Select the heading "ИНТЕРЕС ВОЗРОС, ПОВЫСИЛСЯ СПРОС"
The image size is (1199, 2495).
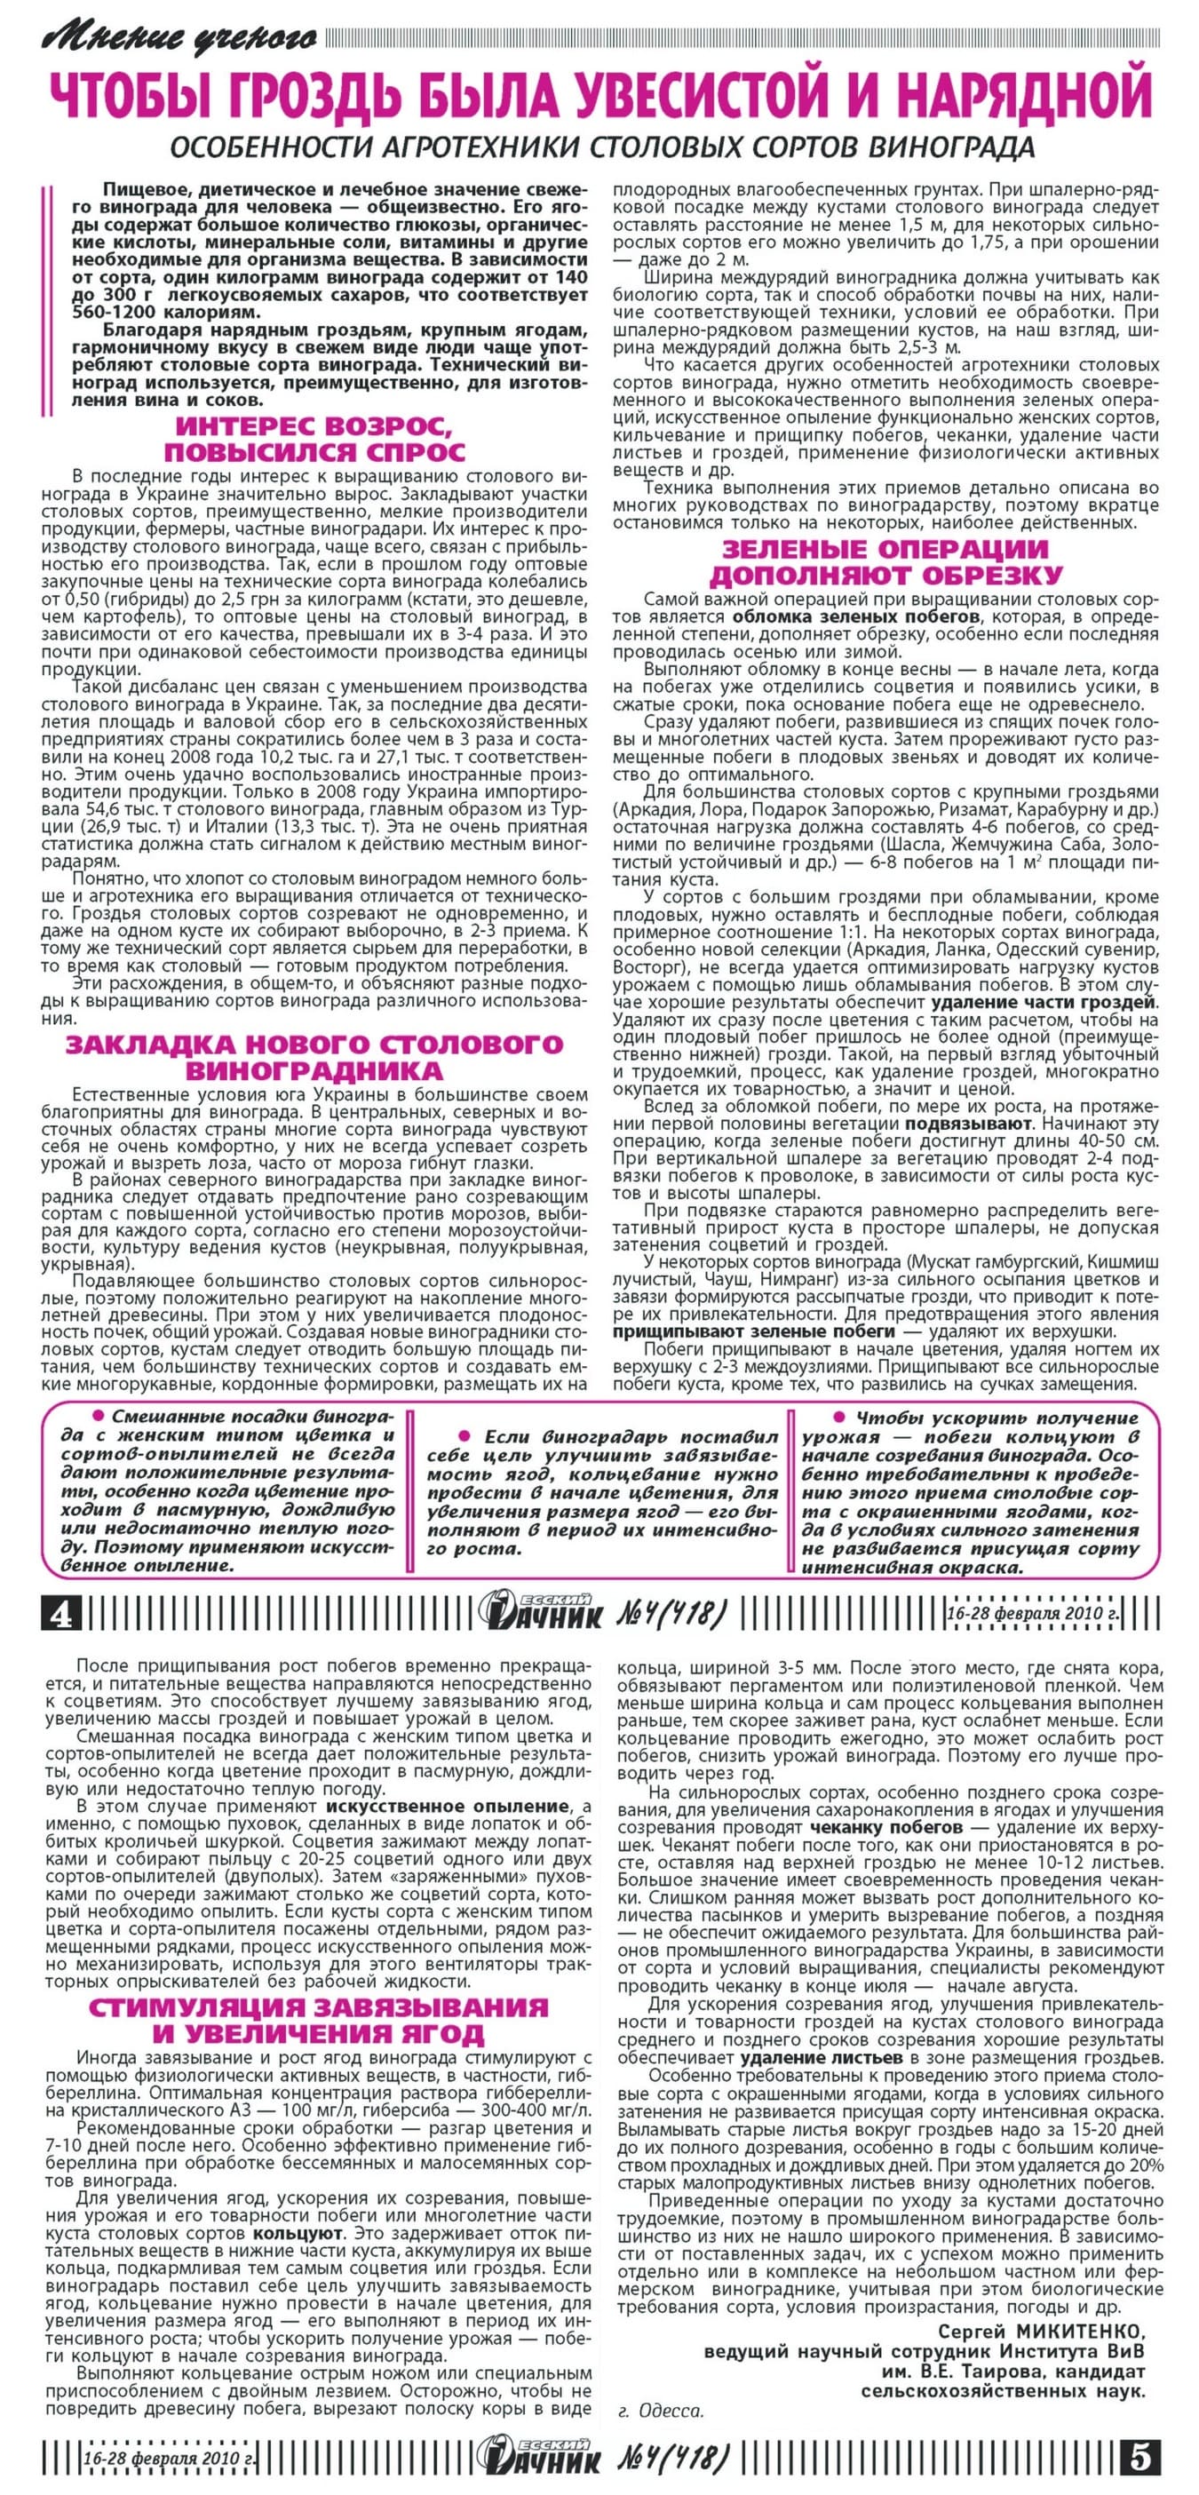coord(314,439)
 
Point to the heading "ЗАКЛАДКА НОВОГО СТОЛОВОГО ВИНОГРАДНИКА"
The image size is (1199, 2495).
coord(314,1057)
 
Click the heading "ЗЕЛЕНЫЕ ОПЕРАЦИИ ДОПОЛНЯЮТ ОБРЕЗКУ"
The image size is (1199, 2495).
coord(885,561)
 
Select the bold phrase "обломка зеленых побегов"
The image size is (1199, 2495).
coord(856,617)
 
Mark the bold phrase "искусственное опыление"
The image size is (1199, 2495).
coord(448,1807)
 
